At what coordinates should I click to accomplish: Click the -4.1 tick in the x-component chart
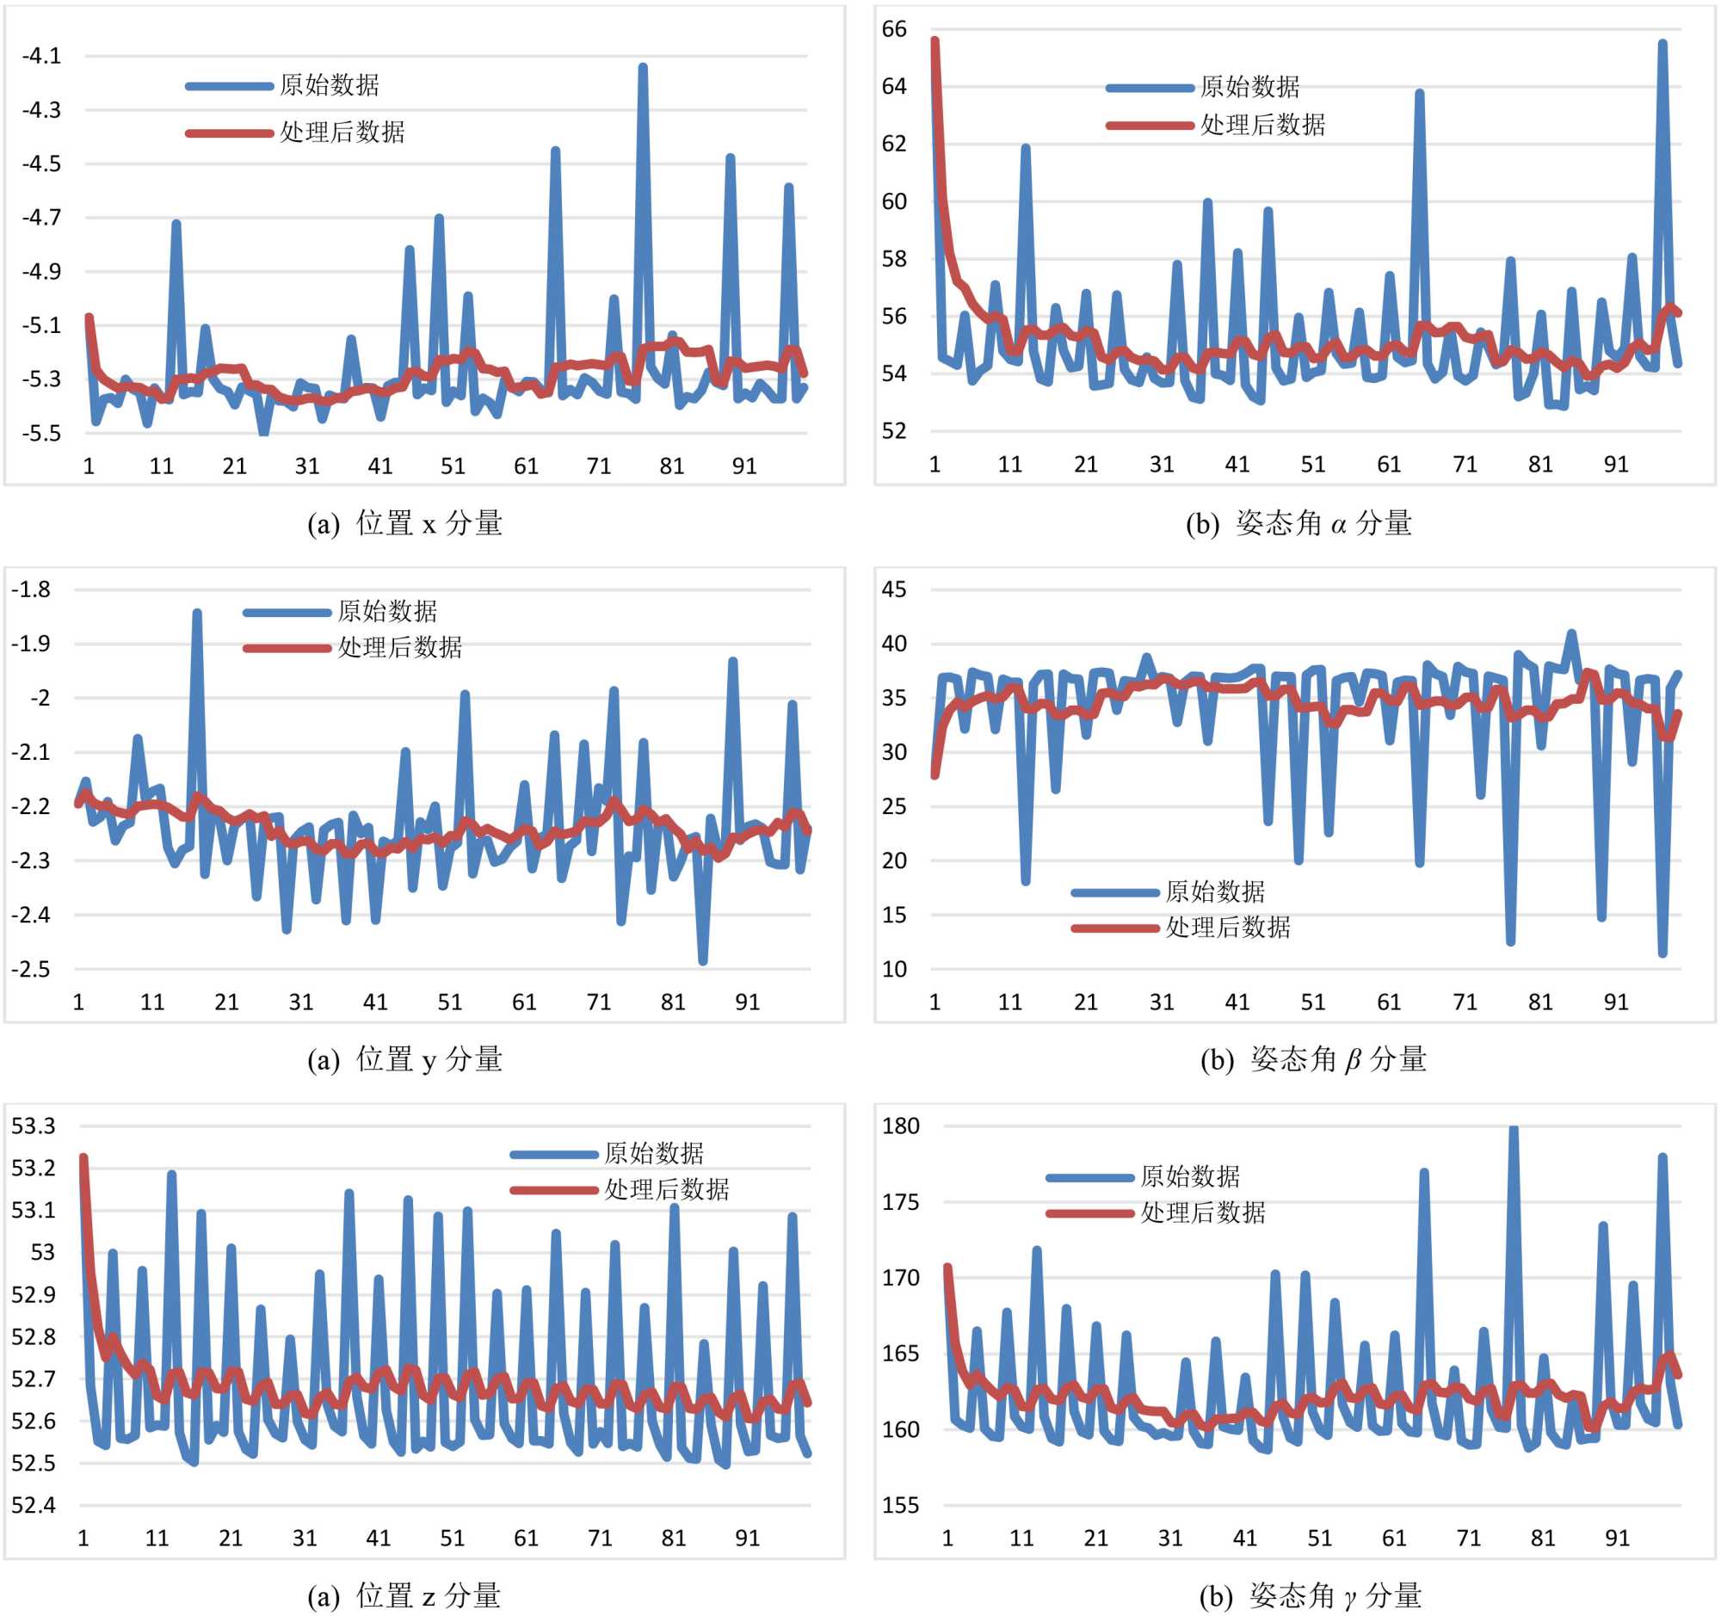[41, 56]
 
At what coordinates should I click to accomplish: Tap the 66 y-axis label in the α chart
[893, 29]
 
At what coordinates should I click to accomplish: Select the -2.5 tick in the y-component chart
[30, 969]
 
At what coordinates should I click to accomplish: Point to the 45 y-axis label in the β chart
[893, 589]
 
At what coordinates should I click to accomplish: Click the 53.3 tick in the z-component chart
[33, 1126]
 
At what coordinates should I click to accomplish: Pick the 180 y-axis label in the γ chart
[899, 1126]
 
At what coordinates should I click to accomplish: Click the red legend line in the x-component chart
[230, 133]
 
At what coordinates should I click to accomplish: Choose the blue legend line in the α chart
[1150, 89]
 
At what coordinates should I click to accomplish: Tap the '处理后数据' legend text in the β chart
[1228, 928]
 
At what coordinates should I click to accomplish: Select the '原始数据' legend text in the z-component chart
[654, 1154]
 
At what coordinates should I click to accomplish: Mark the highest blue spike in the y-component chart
[197, 613]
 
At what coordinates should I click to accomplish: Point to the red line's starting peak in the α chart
[935, 40]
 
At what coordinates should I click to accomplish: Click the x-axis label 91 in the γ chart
[1617, 1538]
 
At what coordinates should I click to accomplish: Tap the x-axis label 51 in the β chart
[1313, 1002]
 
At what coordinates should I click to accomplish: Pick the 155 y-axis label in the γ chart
[899, 1505]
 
